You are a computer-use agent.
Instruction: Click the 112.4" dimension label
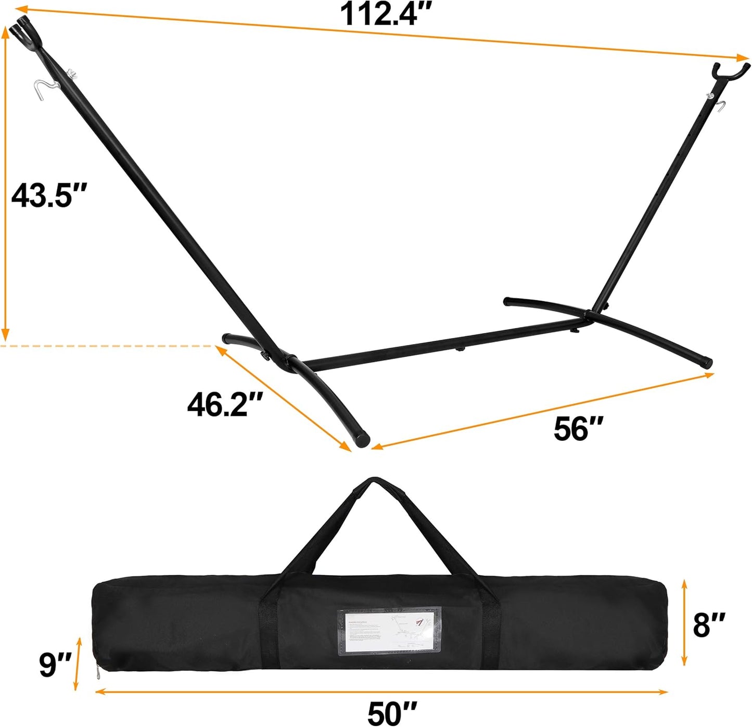click(386, 14)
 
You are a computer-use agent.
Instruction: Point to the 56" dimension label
click(578, 429)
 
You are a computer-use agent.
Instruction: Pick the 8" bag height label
click(708, 624)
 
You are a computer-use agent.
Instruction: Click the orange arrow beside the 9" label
click(78, 663)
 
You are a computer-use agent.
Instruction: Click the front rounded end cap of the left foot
click(361, 439)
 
